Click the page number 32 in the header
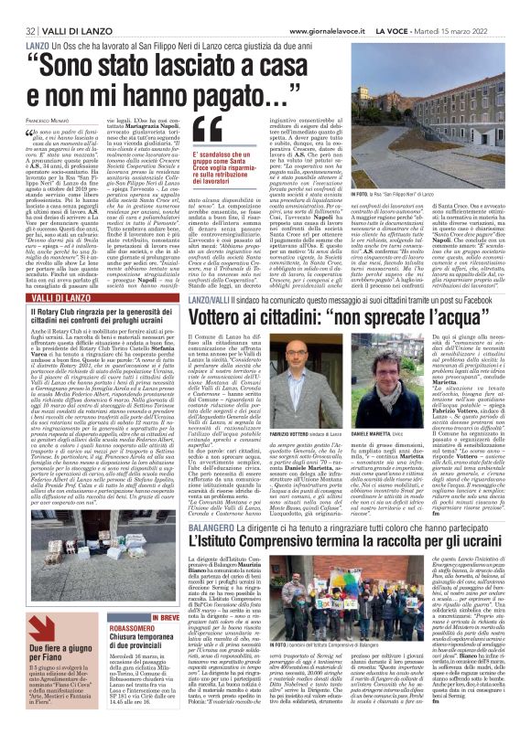[16, 7]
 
